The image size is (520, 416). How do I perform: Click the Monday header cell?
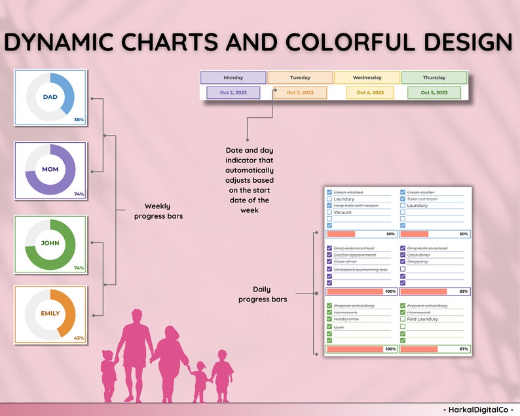click(x=233, y=77)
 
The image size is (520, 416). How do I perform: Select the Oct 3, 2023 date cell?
click(x=300, y=92)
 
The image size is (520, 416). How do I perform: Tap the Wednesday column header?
click(x=367, y=77)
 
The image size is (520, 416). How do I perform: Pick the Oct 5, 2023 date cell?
click(x=434, y=92)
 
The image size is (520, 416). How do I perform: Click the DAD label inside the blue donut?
click(x=50, y=97)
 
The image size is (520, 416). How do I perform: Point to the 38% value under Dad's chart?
click(x=79, y=120)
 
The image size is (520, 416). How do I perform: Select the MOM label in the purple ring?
click(x=50, y=169)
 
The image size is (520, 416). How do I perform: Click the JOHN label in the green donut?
click(x=50, y=242)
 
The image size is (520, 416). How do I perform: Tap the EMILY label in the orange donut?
click(x=50, y=313)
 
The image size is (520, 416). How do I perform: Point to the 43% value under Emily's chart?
click(x=79, y=337)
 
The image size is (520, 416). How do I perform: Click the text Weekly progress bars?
click(x=157, y=211)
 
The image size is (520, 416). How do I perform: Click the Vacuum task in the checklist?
click(x=343, y=212)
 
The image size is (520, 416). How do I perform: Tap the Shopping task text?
click(x=417, y=261)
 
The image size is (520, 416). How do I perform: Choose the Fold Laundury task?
click(x=422, y=319)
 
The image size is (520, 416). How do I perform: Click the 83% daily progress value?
click(x=463, y=292)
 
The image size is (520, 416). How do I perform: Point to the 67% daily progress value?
click(x=463, y=349)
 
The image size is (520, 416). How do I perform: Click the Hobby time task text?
click(x=346, y=319)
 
